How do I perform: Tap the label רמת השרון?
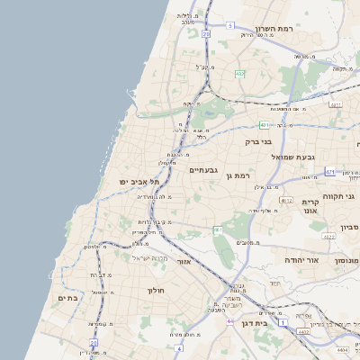(x=274, y=30)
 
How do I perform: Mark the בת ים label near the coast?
(x=68, y=297)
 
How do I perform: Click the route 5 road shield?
(x=229, y=26)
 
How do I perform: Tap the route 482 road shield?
(x=240, y=74)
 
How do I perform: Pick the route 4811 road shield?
(x=336, y=104)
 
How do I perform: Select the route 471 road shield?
(x=330, y=172)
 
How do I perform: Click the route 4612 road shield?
(x=286, y=200)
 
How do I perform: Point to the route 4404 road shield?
(x=342, y=348)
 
